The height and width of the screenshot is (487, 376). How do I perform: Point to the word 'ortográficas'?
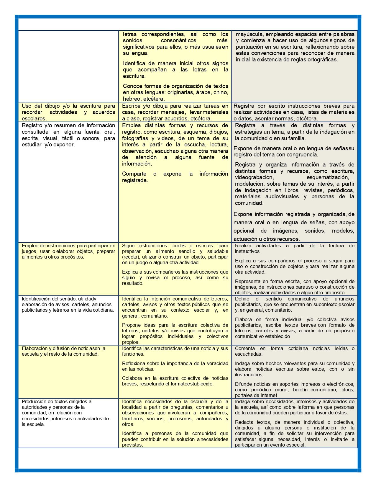pyautogui.click(x=322, y=60)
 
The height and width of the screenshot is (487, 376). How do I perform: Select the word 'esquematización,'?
pyautogui.click(x=328, y=177)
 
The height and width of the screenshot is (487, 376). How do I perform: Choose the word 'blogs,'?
pyautogui.click(x=348, y=390)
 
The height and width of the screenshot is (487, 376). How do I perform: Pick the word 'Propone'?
pyautogui.click(x=131, y=325)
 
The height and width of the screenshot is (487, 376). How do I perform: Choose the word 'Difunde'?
pyautogui.click(x=243, y=384)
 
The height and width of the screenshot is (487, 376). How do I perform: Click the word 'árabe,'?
pyautogui.click(x=203, y=92)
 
